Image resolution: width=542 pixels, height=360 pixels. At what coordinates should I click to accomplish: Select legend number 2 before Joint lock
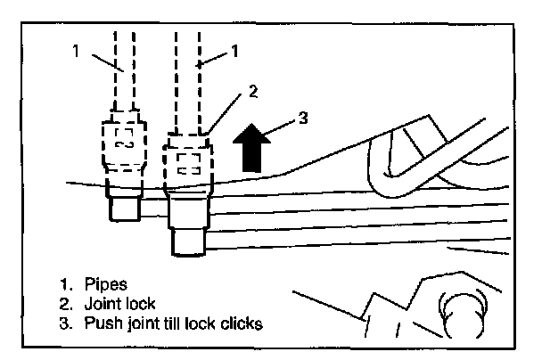[x=65, y=304]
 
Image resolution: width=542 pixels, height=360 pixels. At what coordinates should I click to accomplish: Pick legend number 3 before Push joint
[x=65, y=323]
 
